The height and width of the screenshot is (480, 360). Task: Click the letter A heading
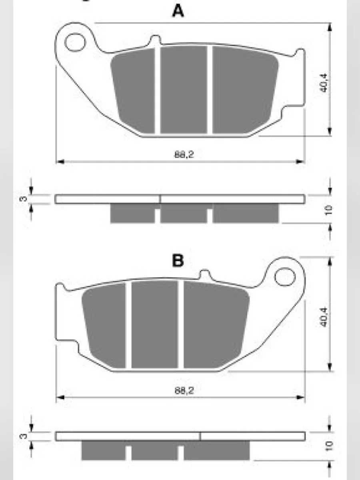coord(178,11)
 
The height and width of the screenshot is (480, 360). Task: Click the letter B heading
coord(178,261)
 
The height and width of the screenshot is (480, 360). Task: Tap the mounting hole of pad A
coord(75,42)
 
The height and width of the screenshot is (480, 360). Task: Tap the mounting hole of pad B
coord(285,277)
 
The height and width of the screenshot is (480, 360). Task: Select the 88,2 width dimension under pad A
coord(184,155)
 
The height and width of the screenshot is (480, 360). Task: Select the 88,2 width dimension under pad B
coord(184,390)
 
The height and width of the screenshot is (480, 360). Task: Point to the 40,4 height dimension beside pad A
coord(324,83)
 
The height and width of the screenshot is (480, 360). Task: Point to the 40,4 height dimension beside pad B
coord(324,317)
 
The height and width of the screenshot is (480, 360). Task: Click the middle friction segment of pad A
coord(184,90)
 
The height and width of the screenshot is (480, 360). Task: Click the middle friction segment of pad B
coord(154,324)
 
